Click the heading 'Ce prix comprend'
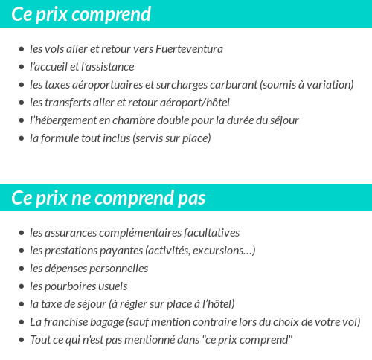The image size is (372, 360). (x=81, y=14)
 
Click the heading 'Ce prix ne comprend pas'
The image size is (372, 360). (x=109, y=199)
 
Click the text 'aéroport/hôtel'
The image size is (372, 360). (x=196, y=103)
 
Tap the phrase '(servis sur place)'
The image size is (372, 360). (x=172, y=138)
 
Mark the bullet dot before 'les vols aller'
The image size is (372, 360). (x=21, y=50)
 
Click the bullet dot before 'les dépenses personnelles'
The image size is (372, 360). (x=21, y=269)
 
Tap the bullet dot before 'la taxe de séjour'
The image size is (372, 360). (x=21, y=305)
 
